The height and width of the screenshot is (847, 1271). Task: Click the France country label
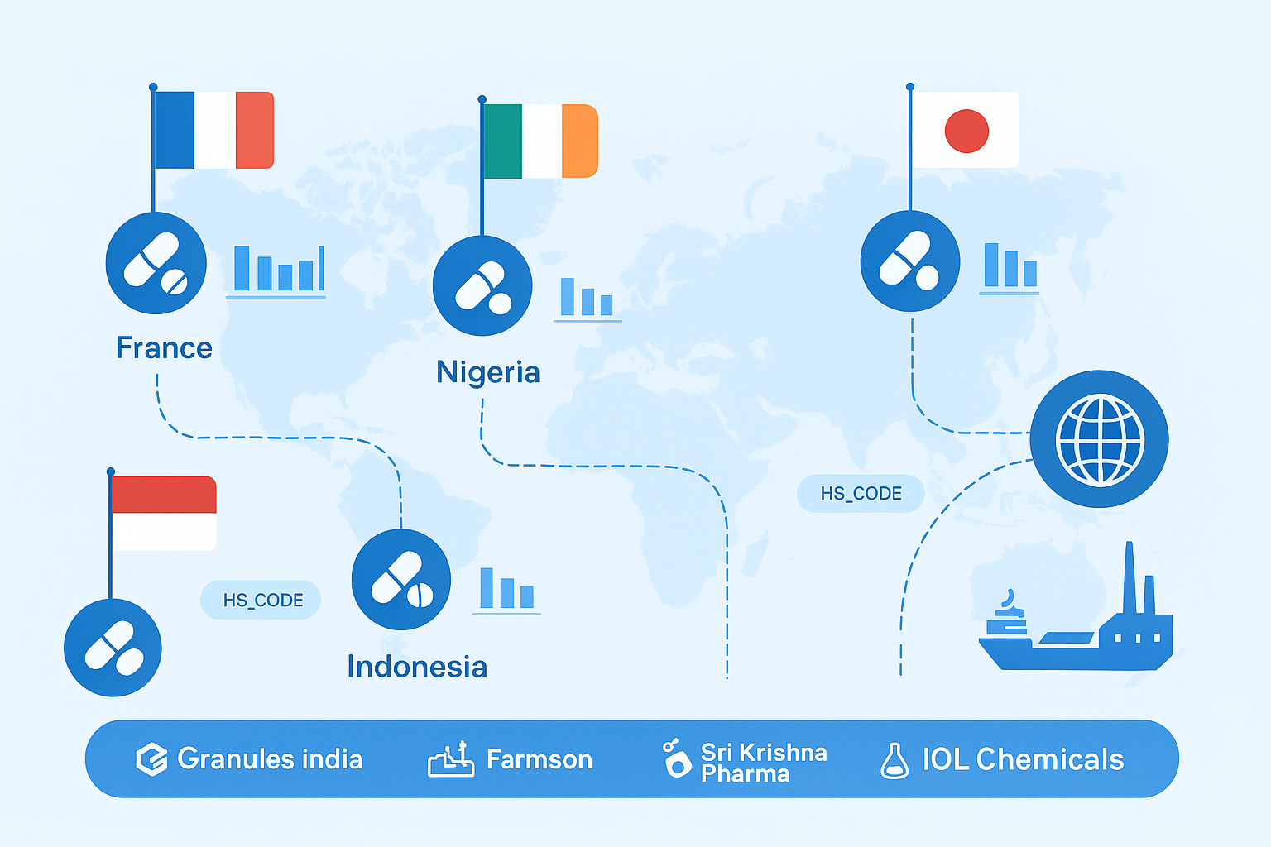(x=164, y=348)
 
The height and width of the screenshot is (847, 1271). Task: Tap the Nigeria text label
(x=488, y=372)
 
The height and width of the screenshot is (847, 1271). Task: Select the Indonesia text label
(x=417, y=667)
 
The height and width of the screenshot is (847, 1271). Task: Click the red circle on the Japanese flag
(x=966, y=131)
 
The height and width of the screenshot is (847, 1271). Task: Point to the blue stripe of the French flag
(x=174, y=130)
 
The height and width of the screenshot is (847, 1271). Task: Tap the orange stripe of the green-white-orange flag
(x=579, y=141)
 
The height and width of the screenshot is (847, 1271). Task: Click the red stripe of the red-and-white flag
(x=164, y=495)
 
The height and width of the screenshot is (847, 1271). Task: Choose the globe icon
(x=1100, y=439)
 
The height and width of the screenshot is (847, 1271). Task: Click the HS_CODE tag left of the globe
(x=861, y=494)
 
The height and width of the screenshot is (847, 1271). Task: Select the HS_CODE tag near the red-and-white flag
(x=261, y=601)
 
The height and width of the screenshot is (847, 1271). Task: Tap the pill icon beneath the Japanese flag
(x=909, y=261)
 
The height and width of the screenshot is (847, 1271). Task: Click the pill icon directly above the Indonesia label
(x=401, y=580)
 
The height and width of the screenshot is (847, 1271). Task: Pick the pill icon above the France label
(x=156, y=263)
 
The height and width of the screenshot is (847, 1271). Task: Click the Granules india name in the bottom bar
(x=270, y=759)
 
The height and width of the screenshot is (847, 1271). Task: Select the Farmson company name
(x=539, y=759)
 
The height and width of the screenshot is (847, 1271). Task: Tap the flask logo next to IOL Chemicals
(x=894, y=761)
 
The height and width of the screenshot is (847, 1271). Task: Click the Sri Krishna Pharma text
(x=763, y=763)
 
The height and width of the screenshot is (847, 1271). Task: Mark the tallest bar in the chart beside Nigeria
(x=567, y=296)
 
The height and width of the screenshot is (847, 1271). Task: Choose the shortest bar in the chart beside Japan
(x=1030, y=273)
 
